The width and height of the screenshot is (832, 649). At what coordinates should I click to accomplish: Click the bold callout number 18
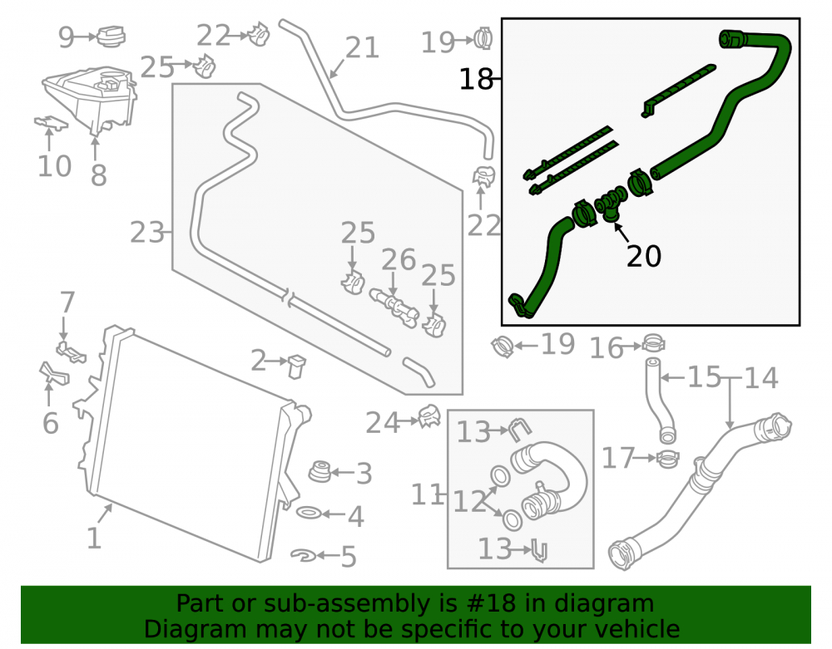coord(476,79)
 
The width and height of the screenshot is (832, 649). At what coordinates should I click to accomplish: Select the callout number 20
coord(644,257)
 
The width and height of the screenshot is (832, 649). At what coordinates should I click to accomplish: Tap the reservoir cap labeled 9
coord(111,36)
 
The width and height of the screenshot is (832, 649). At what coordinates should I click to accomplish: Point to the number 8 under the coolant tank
coord(99,175)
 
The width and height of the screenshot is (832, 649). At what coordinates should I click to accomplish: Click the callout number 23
coord(147,234)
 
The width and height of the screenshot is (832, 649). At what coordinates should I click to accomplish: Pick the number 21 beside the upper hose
coord(363,47)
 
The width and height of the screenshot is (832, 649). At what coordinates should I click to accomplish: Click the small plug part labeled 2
coord(297,366)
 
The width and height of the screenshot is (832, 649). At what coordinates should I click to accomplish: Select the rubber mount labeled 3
coord(320,471)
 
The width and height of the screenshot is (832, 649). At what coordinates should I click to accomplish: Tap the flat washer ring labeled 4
coord(309,513)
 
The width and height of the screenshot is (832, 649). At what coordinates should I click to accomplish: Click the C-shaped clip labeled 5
coord(304,555)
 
